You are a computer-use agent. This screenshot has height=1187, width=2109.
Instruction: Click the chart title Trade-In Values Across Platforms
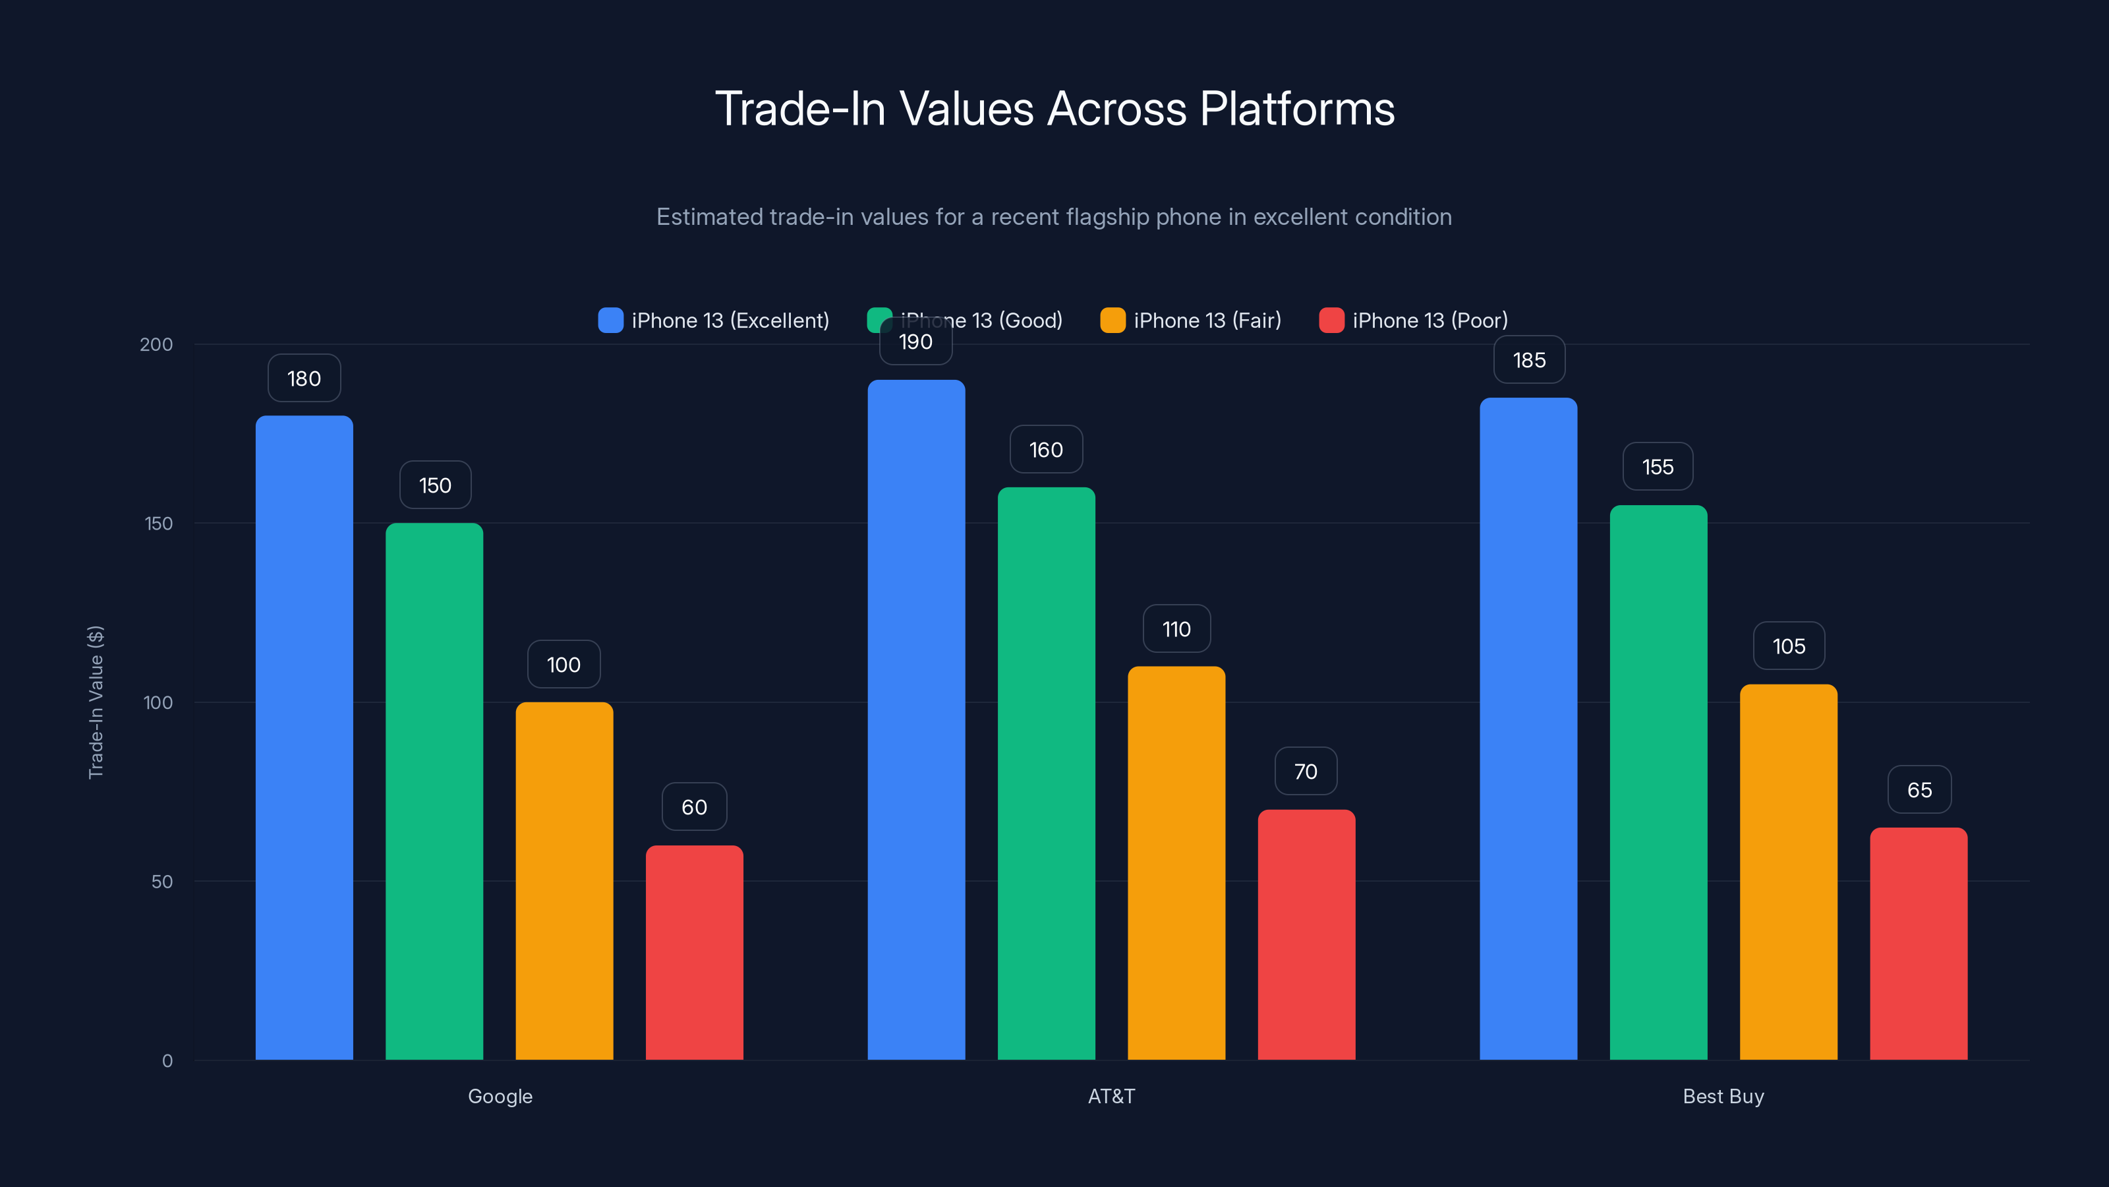point(1054,109)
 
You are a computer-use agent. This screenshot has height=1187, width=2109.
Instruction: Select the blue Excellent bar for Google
point(304,737)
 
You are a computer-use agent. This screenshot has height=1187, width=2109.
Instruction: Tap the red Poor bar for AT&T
point(1306,934)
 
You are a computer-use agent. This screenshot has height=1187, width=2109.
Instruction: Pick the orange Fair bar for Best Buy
point(1788,872)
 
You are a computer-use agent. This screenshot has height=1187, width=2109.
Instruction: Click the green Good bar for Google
point(434,791)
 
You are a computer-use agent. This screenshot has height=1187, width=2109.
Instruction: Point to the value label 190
point(915,342)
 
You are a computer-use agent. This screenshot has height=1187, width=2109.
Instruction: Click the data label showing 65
point(1919,790)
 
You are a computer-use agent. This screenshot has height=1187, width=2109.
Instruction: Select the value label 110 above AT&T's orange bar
point(1176,629)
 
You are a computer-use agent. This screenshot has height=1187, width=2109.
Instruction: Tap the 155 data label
point(1658,467)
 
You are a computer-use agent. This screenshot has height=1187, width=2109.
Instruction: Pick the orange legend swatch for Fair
point(1112,320)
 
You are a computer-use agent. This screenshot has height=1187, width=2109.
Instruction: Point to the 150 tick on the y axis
point(159,524)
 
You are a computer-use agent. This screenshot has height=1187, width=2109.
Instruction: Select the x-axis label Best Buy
point(1723,1096)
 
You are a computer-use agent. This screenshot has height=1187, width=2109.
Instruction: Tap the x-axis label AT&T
point(1111,1096)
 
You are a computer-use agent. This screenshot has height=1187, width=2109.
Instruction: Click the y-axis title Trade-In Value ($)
point(96,702)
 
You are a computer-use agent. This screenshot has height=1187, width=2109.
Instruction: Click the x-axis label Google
point(500,1096)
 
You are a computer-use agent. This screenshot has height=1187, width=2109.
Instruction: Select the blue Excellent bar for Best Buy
point(1528,729)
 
